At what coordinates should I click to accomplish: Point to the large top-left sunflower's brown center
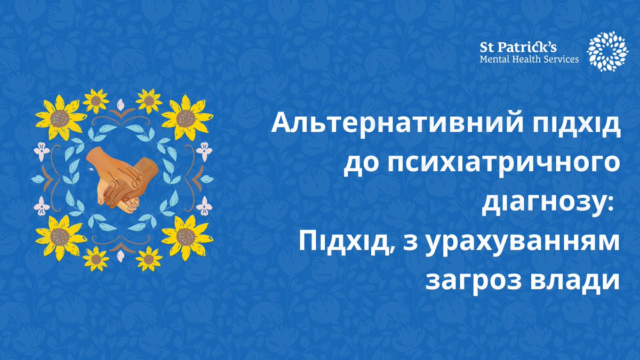pyautogui.click(x=60, y=117)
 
